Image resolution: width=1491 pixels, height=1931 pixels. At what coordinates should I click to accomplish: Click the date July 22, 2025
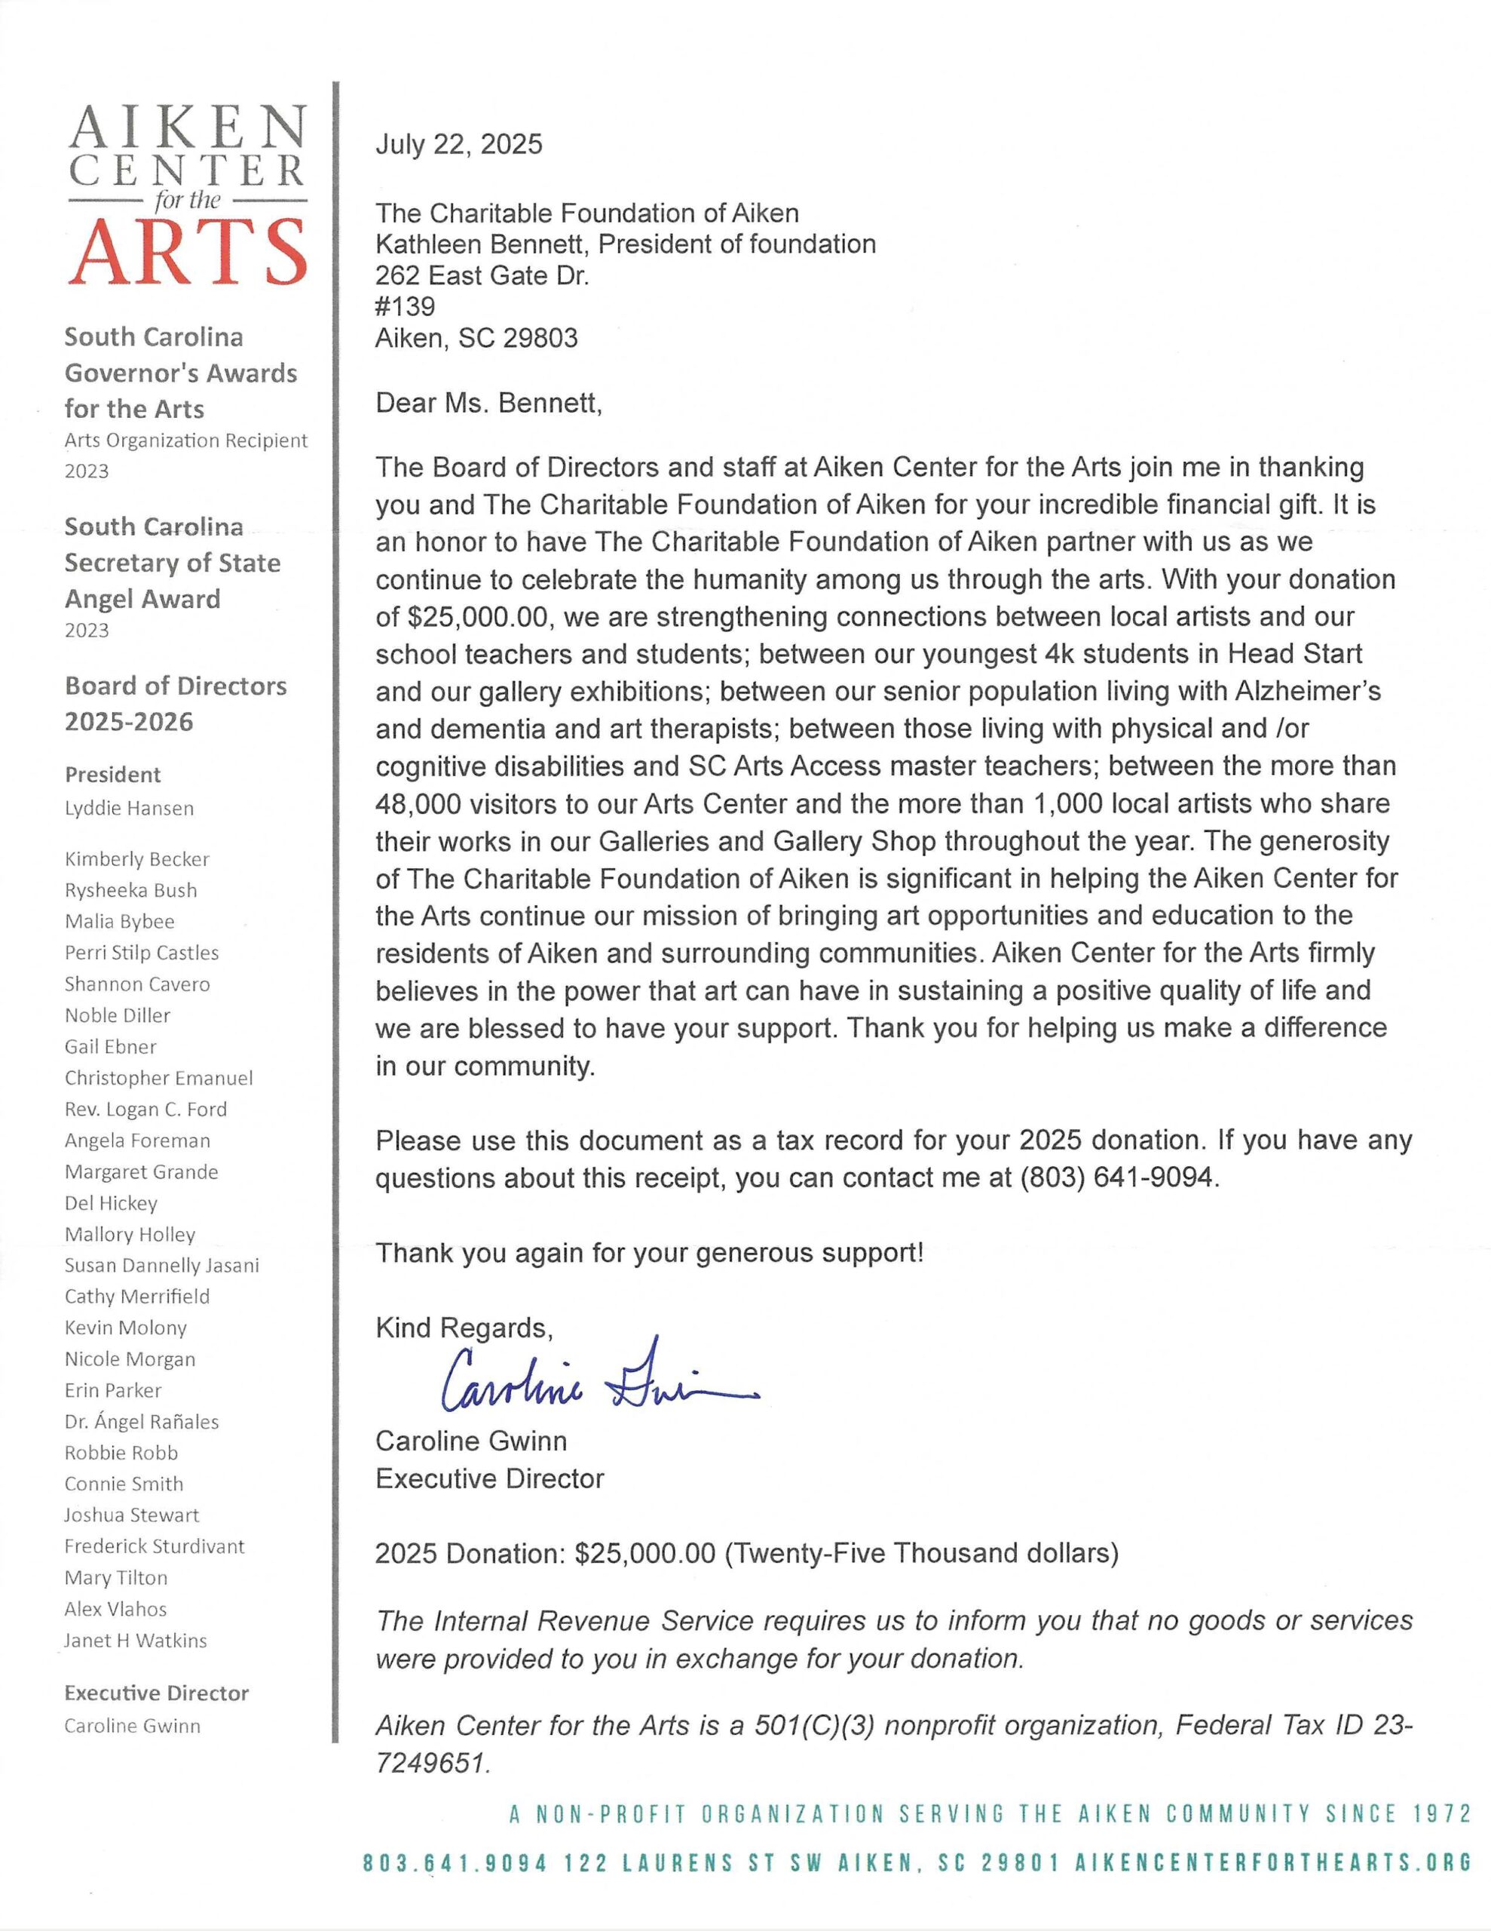pos(459,144)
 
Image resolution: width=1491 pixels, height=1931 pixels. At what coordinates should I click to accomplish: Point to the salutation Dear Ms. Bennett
pos(488,404)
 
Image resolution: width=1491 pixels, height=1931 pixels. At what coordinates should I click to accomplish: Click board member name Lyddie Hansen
pos(129,808)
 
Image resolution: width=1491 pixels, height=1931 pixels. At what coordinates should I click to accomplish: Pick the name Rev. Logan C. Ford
pos(145,1109)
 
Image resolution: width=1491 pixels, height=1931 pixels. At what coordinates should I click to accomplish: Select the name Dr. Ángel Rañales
pos(142,1422)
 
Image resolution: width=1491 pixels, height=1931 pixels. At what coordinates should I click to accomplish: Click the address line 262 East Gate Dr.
pos(482,276)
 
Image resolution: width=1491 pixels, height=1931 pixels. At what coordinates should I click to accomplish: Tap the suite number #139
pos(405,307)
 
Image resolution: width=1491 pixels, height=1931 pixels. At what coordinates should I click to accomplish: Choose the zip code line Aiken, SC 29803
pos(476,338)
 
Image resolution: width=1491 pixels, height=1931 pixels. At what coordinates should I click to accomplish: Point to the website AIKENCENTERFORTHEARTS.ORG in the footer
pos(1272,1863)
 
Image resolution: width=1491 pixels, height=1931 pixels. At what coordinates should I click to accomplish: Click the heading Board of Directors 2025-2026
pos(175,704)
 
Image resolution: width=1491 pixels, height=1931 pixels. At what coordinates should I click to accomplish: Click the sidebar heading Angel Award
pos(142,599)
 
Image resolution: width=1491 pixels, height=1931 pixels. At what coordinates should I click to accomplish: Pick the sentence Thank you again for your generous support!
pos(650,1253)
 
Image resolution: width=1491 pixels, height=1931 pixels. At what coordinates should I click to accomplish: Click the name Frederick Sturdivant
pos(154,1546)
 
